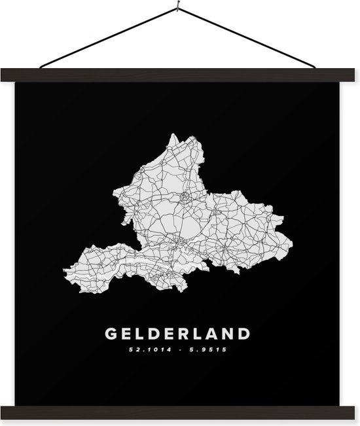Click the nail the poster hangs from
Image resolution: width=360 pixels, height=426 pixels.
[177, 8]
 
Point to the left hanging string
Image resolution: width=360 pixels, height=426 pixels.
[108, 37]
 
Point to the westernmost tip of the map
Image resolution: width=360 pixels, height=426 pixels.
[64, 270]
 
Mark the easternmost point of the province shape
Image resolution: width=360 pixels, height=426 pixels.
[292, 246]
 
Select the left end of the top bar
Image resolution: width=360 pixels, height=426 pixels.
[8, 75]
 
